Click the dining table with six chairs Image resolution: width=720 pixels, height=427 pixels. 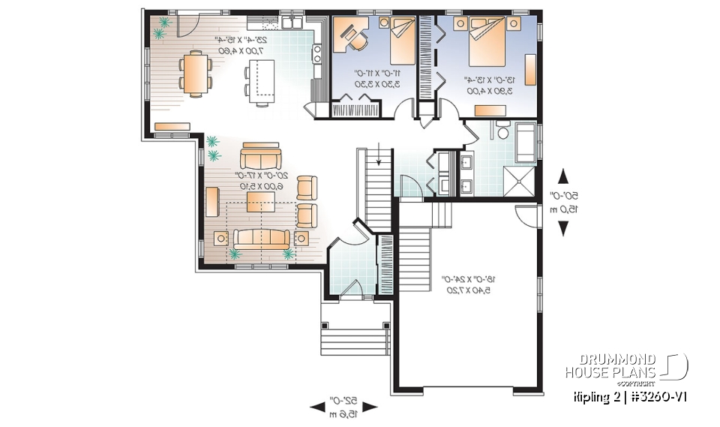[194, 74]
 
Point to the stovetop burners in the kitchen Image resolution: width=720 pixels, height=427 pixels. [318, 53]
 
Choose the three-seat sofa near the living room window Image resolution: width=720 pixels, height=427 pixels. [262, 239]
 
